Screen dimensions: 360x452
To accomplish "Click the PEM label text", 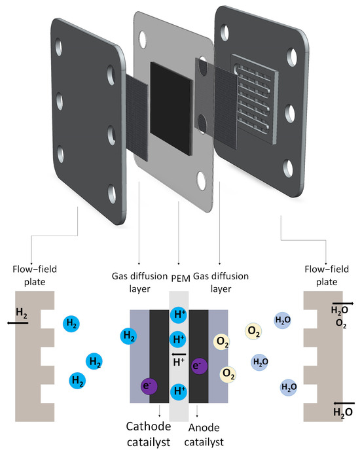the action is (x=181, y=279).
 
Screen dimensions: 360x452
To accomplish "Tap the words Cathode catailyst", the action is (x=149, y=434).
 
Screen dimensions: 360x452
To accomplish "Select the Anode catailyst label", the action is (x=204, y=435).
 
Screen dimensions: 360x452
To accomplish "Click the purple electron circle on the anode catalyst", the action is (x=200, y=366).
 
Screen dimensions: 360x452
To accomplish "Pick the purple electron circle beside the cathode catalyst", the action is (x=149, y=386).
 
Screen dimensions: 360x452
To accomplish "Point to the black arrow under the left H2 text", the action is (x=17, y=323).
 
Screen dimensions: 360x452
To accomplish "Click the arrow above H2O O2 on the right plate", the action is (x=343, y=304).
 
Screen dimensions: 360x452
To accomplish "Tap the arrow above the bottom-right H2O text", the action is (x=344, y=404).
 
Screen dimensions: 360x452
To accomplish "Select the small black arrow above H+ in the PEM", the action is (x=179, y=355).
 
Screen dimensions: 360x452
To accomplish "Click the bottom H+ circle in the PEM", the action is (x=179, y=391).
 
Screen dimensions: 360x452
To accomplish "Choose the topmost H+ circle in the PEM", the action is (x=179, y=315).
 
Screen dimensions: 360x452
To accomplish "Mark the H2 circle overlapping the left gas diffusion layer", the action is (x=129, y=336).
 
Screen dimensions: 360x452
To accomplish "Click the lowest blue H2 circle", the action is (x=77, y=380).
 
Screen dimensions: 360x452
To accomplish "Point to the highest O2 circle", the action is (x=253, y=331).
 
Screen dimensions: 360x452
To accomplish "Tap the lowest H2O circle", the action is (x=289, y=387).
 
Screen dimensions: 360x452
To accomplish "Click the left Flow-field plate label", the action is (x=35, y=275).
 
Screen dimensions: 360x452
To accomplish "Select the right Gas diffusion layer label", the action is (x=221, y=282).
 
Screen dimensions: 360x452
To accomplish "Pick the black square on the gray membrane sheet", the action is (x=171, y=109).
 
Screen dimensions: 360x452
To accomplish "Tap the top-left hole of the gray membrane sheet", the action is (x=143, y=39).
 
